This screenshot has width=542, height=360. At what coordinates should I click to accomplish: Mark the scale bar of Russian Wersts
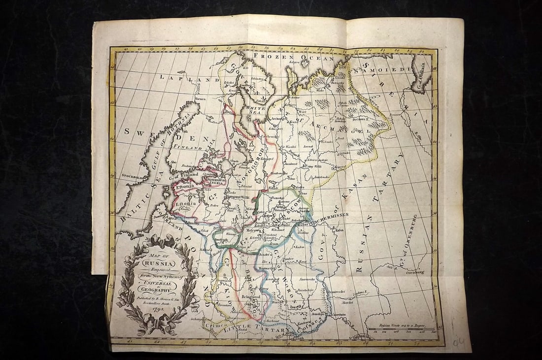coord(401,329)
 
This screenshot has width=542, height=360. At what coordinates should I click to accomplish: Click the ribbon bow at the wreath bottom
coord(153,325)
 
